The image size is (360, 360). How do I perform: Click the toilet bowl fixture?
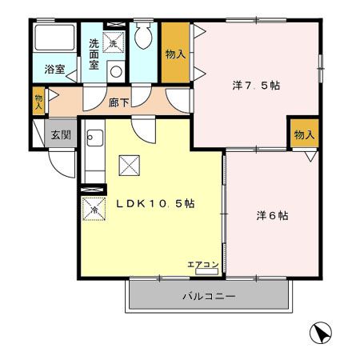[143, 36]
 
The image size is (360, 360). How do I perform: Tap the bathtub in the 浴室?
[54, 38]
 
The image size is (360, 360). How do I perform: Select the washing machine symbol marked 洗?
[114, 42]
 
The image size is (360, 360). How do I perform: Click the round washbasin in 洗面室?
[116, 71]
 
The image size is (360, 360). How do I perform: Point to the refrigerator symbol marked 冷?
[94, 209]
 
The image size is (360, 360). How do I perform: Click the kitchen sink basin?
[94, 138]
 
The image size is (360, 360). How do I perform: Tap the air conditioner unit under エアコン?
[207, 271]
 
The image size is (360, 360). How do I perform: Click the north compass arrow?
[321, 333]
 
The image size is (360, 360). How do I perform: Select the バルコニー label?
[209, 296]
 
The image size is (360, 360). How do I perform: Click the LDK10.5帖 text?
[155, 204]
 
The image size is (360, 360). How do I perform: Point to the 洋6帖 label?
[272, 215]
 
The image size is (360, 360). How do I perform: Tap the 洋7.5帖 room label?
[256, 86]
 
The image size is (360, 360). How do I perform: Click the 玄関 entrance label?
[61, 135]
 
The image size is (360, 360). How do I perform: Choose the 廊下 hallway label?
[119, 102]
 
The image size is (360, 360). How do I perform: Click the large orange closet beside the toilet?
[175, 53]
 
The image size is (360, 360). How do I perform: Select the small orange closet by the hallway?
[38, 101]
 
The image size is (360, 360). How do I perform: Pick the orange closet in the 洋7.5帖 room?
[305, 133]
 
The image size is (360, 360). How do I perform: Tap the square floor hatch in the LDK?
[130, 166]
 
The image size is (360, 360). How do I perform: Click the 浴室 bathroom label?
[54, 70]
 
